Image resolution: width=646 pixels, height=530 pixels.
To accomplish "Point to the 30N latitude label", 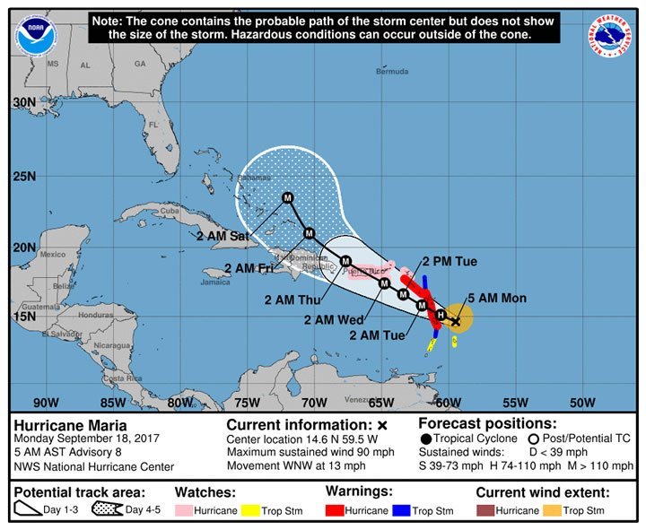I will [24, 102].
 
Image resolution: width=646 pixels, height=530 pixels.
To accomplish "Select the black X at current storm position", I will [455, 320].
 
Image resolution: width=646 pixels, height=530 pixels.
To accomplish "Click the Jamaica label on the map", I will [215, 282].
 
